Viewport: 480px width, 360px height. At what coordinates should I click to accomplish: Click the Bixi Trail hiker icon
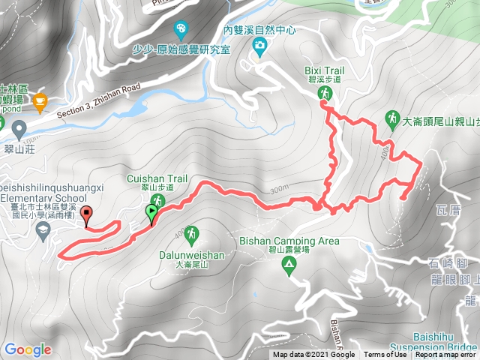click(x=325, y=93)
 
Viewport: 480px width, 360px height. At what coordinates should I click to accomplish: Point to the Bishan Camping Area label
click(x=289, y=241)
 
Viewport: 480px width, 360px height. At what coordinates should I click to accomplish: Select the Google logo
click(x=28, y=349)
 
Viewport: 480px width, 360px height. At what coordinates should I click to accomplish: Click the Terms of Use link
click(x=385, y=355)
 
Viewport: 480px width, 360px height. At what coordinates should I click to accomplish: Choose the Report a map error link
click(x=445, y=355)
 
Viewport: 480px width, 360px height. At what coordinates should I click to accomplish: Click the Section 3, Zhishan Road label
click(x=97, y=99)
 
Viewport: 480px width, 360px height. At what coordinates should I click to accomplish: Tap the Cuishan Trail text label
click(x=157, y=178)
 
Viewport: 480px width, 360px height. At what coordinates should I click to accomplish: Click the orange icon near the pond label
click(x=40, y=101)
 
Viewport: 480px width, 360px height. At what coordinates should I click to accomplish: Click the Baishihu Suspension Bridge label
click(x=443, y=344)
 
